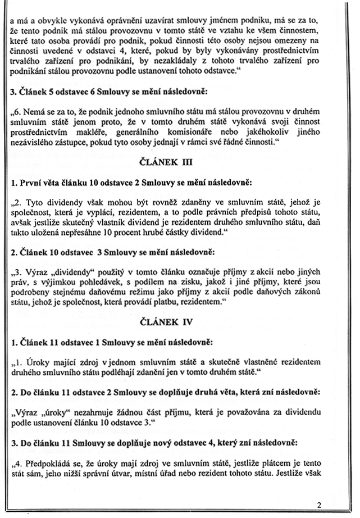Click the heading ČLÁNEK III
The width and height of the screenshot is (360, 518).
pyautogui.click(x=180, y=164)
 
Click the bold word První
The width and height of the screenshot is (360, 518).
pyautogui.click(x=32, y=183)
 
